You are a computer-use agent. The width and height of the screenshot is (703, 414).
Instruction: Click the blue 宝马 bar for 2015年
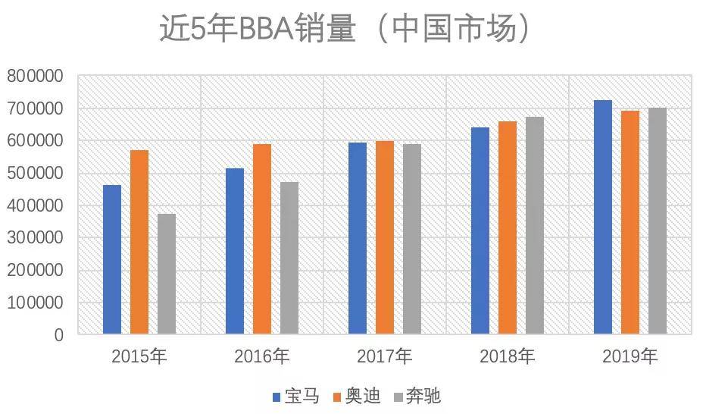point(112,259)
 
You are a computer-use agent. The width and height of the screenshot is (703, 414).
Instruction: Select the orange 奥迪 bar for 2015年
point(139,242)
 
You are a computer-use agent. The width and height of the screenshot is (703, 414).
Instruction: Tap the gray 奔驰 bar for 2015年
point(167,274)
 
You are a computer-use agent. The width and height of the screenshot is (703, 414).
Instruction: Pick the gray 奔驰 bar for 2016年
point(289,258)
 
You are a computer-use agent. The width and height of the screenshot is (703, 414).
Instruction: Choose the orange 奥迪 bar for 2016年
point(262,239)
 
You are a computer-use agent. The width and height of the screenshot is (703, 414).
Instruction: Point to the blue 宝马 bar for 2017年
point(358,238)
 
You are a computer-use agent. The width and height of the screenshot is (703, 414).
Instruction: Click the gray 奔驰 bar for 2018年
point(535,226)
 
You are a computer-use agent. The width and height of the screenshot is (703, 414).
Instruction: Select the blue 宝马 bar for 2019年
point(603,217)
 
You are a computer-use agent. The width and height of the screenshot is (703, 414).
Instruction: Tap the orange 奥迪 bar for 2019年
point(630,222)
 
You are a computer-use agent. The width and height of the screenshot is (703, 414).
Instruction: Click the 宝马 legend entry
point(296,397)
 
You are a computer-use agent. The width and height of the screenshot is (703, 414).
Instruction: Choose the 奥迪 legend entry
point(357,397)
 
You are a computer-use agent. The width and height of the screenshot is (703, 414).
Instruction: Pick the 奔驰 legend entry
point(417,397)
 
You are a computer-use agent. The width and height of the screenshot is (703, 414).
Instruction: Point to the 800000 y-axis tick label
point(35,76)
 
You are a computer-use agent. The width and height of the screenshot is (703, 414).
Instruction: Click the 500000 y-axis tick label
point(35,173)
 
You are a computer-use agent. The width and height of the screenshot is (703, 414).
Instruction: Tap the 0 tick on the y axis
point(59,335)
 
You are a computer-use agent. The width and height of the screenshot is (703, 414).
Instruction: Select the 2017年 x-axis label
point(385,356)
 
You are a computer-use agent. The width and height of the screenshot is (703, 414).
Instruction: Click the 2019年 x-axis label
point(630,356)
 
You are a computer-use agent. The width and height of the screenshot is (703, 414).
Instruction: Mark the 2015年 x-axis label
point(139,356)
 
